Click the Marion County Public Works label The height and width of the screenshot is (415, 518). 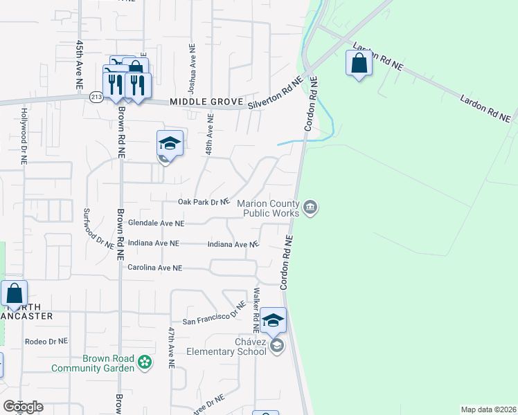[269, 208]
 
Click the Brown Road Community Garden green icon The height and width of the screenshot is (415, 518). [144, 362]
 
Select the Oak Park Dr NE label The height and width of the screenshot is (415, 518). [203, 202]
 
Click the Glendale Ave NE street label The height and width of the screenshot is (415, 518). [157, 223]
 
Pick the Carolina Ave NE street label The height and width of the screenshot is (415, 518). [154, 267]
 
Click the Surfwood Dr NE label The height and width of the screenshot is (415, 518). [99, 228]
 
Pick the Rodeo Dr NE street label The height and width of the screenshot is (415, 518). [46, 341]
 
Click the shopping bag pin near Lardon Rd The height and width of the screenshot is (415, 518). [359, 64]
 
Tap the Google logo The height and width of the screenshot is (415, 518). [23, 407]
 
